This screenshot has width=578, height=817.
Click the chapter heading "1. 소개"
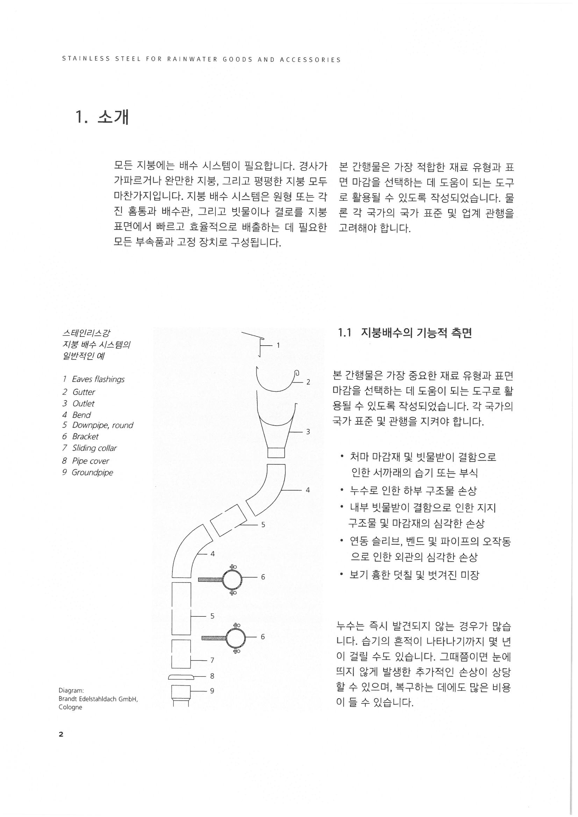tap(102, 118)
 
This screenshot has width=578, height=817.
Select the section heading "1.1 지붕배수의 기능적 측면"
tap(405, 333)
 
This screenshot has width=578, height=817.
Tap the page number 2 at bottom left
tap(61, 734)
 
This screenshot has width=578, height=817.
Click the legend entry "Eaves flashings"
tap(98, 379)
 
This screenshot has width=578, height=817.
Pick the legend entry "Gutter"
tap(84, 392)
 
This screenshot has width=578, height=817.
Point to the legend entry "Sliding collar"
tap(94, 448)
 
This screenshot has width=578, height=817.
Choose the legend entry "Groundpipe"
tap(92, 472)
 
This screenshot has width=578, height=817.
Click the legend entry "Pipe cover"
tap(91, 461)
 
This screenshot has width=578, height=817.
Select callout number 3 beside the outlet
tap(308, 432)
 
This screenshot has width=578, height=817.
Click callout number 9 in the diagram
tap(212, 691)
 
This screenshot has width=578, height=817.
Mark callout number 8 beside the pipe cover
tap(212, 676)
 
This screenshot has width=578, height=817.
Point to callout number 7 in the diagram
tap(212, 660)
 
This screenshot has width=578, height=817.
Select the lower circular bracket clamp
tap(235, 638)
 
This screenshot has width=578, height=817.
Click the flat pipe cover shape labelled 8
tap(181, 676)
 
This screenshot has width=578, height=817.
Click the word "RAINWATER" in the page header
tap(192, 60)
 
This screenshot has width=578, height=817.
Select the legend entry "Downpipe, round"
tap(102, 425)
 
